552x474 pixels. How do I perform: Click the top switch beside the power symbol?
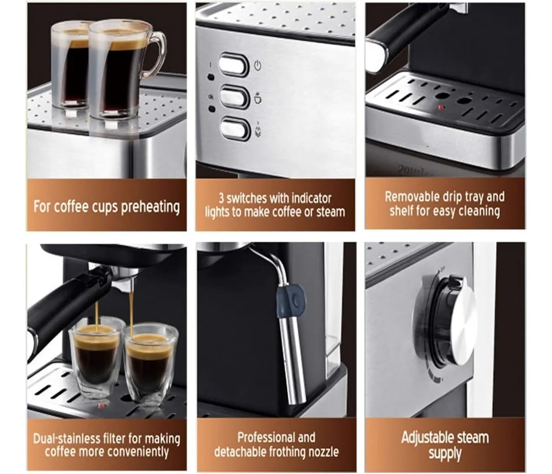coord(233,65)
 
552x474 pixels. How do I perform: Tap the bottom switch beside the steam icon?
coord(235,129)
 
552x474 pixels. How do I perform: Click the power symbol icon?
coord(258,65)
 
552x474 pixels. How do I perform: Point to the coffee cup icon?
coord(258,98)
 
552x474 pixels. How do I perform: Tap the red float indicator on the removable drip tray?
coord(441,107)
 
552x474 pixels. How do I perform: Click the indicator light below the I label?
coord(211,78)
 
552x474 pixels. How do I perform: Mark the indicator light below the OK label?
coord(212,109)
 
